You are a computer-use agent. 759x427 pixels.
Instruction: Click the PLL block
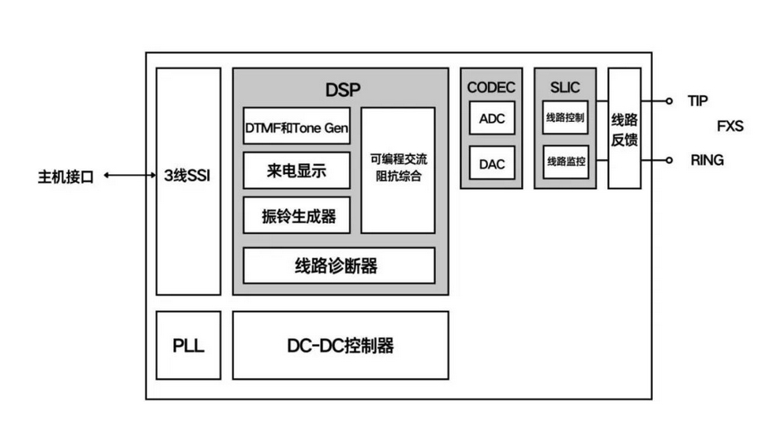pos(188,345)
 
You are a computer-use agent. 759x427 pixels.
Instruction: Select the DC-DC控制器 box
pos(340,345)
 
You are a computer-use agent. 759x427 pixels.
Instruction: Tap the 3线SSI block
pos(188,177)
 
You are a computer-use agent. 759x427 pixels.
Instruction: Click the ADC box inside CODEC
pos(492,119)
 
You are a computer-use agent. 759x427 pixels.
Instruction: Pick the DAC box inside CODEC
pos(492,163)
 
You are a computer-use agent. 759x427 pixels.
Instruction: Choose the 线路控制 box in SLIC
pos(565,119)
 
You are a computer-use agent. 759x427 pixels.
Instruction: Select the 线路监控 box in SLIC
pos(565,163)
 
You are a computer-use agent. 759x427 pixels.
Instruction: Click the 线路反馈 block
pos(625,129)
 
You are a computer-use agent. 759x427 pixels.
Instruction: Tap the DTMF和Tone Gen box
pos(297,129)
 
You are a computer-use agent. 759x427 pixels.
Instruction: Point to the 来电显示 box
pos(297,172)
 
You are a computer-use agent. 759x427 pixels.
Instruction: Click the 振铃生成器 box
pos(297,216)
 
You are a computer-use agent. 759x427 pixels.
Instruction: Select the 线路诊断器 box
pos(338,265)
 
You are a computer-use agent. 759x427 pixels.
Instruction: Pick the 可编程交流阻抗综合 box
pos(398,169)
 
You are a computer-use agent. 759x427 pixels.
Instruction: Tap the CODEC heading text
pos(491,87)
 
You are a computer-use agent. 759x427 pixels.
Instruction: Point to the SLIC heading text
pos(565,87)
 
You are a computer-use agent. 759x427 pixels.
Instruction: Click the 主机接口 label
pos(66,177)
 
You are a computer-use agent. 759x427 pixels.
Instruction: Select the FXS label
pos(730,127)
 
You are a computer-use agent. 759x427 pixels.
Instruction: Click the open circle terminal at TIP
pos(670,101)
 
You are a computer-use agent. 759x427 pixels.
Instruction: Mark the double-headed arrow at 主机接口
pos(128,176)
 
